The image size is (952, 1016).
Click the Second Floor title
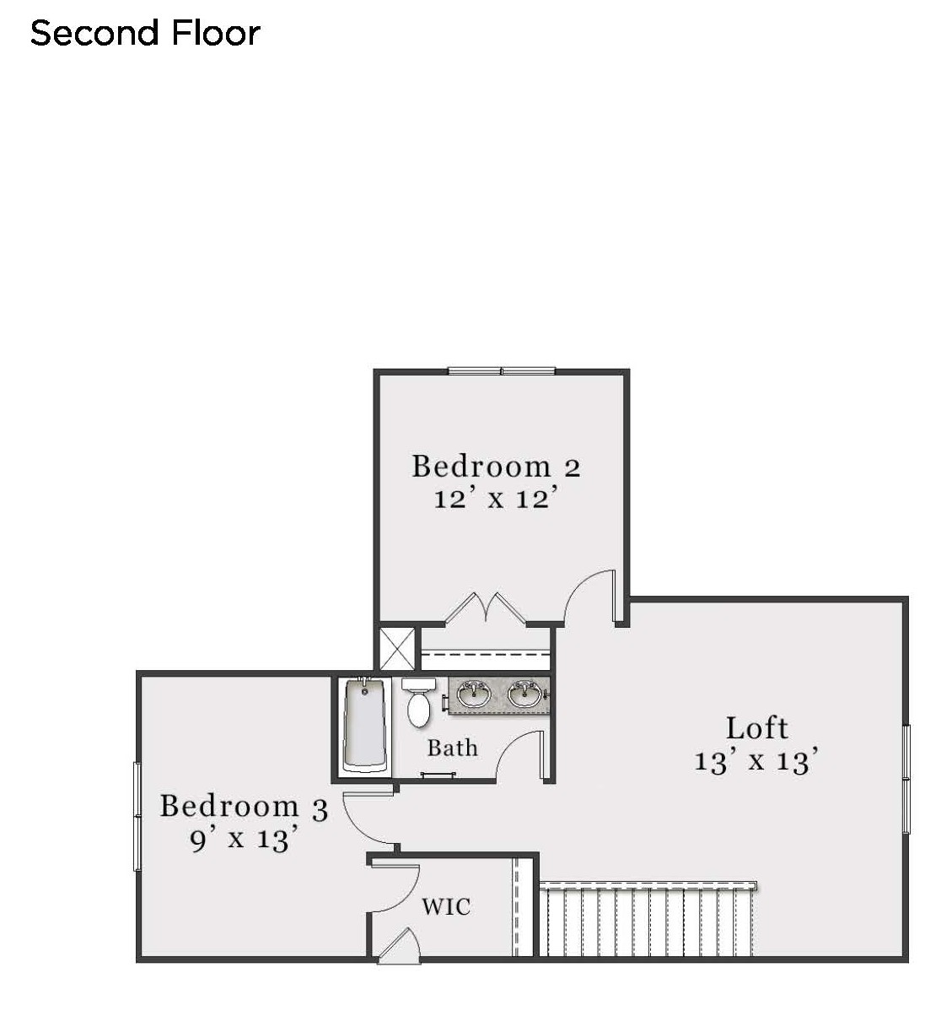(145, 33)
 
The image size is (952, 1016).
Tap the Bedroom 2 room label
(497, 466)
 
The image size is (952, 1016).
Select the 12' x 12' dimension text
(496, 498)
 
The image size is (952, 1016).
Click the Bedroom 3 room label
(244, 807)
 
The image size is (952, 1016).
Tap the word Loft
(757, 728)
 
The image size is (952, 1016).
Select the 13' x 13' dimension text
(756, 760)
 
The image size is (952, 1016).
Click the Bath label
(453, 748)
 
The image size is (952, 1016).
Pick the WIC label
(446, 907)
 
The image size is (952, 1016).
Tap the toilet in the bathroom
(418, 701)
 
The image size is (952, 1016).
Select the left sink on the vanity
(473, 694)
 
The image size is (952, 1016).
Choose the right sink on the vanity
(524, 694)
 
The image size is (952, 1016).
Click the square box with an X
(397, 649)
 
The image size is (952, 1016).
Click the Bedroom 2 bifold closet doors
(485, 608)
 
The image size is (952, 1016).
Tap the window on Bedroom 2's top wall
(501, 371)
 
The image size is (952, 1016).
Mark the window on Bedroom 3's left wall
(137, 817)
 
